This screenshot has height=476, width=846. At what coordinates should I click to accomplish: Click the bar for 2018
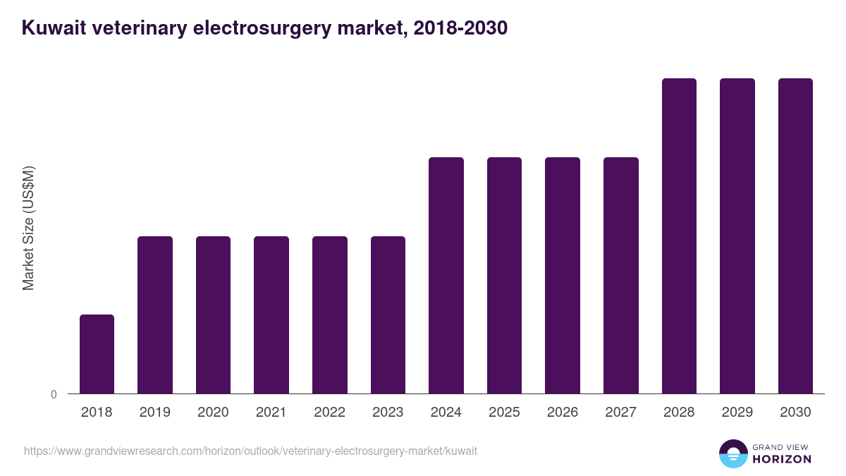point(97,354)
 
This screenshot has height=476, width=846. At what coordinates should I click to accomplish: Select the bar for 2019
point(155,315)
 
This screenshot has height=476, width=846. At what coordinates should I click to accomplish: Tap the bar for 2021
point(271,315)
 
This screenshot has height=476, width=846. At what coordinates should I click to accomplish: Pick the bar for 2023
point(388,315)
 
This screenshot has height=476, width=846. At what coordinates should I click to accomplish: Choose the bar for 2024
point(446,275)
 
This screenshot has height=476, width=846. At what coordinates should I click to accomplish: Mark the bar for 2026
point(563,275)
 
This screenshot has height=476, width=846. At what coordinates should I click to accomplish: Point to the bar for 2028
point(679,236)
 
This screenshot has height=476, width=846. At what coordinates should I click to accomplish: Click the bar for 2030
point(795,236)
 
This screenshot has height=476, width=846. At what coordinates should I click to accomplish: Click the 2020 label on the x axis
point(213,413)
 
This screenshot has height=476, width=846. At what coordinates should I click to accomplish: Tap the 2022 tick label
point(329,413)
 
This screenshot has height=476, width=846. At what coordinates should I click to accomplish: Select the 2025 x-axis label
point(504,413)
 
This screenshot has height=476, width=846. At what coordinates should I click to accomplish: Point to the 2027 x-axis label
point(620,413)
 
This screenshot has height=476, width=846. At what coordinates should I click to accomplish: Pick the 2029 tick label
point(737,413)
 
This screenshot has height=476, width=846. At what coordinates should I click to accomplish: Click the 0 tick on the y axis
point(54,394)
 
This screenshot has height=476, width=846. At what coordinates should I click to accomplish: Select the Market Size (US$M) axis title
point(28,228)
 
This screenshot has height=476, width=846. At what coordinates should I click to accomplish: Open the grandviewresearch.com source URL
point(250,451)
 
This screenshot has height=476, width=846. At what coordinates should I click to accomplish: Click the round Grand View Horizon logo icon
point(733,453)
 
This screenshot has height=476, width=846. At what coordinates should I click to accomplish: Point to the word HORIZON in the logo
point(782,459)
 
